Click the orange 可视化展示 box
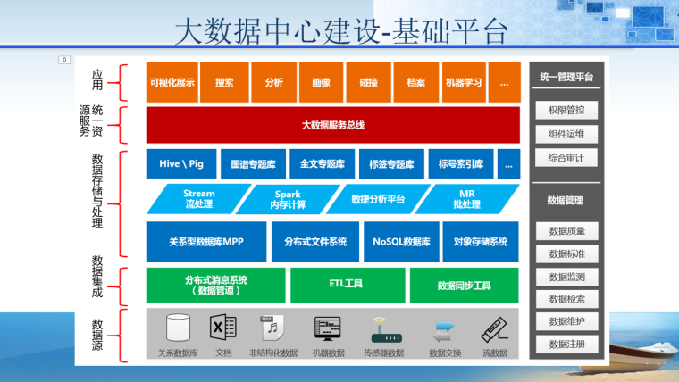(x=172, y=82)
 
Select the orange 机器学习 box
(x=464, y=82)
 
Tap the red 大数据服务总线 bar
(x=333, y=126)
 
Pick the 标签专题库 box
(x=391, y=164)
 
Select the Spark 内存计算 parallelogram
(x=288, y=199)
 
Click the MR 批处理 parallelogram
(x=466, y=199)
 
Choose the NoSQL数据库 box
(x=402, y=241)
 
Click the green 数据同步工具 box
(x=465, y=285)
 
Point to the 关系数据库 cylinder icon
(x=178, y=328)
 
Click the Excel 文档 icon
(x=223, y=328)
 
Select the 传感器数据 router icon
(x=383, y=330)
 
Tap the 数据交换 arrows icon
(x=444, y=331)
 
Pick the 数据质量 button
(x=566, y=231)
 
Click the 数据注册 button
(x=566, y=344)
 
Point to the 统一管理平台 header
(x=566, y=78)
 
